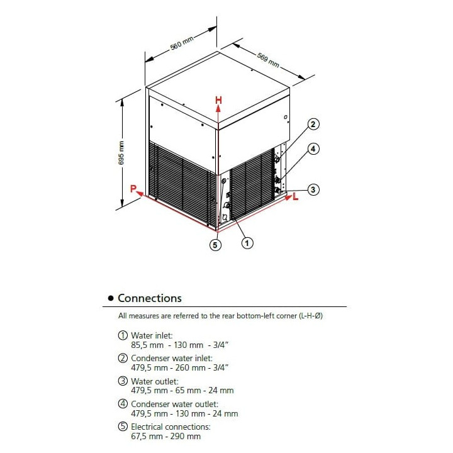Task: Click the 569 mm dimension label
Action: tap(268, 59)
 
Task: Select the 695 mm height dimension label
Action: tap(122, 152)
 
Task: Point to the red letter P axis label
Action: tap(133, 188)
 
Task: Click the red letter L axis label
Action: tap(295, 198)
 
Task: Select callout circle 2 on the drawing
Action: tap(313, 124)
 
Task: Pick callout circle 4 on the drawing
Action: tap(313, 149)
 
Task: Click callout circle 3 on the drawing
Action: tap(313, 189)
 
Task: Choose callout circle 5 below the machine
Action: tap(215, 245)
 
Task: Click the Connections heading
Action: tap(150, 298)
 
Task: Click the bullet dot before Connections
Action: tap(111, 299)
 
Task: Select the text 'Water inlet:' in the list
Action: tap(151, 336)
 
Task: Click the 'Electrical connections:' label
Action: tap(171, 427)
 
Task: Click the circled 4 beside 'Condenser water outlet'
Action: tap(123, 404)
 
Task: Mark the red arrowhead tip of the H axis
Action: tap(218, 108)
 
